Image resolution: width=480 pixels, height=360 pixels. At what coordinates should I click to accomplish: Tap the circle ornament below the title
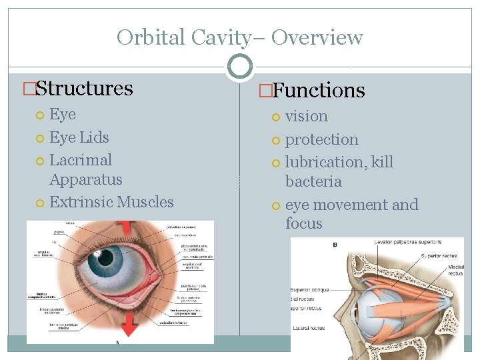point(240,66)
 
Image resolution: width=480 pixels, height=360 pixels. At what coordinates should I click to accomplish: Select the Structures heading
point(84,88)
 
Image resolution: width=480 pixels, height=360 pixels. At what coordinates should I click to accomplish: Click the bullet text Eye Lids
point(79,137)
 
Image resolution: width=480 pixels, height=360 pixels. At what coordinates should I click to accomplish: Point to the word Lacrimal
point(81,160)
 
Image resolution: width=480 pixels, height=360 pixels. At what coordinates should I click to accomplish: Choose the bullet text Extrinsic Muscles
point(111,202)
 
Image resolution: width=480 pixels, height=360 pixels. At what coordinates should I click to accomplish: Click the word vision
point(306,116)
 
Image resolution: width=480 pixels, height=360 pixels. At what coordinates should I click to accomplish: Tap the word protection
point(321,139)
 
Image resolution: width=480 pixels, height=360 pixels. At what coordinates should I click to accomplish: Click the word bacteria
point(313,181)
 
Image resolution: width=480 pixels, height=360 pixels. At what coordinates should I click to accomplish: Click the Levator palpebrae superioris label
point(409,243)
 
